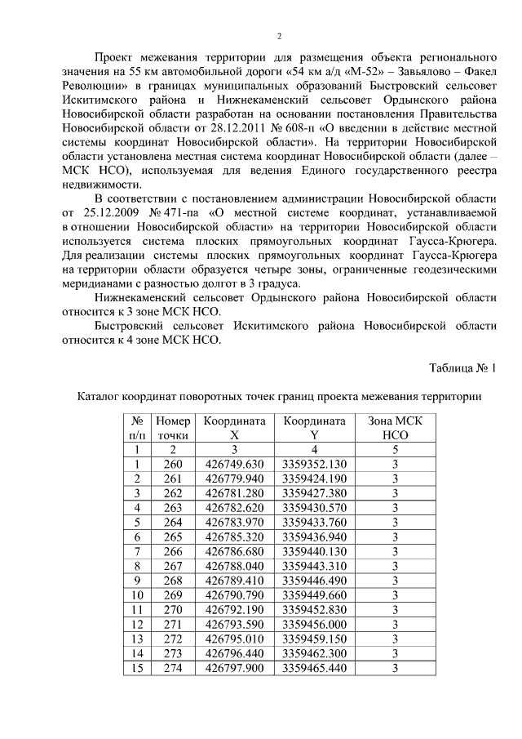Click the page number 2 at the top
[x=279, y=36]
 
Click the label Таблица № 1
[x=462, y=367]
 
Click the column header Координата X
[x=235, y=428]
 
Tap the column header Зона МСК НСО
[x=395, y=428]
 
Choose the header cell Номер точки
[x=172, y=428]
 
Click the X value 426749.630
[x=235, y=464]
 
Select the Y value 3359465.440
[x=314, y=668]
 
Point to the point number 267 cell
[x=172, y=566]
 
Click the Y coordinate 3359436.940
[x=314, y=536]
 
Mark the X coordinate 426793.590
[x=235, y=625]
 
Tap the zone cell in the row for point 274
[x=395, y=668]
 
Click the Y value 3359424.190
[x=314, y=479]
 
